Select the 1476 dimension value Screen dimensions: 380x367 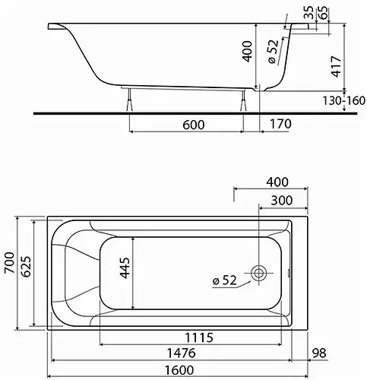(183, 353)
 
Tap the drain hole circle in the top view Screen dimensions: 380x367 (259, 273)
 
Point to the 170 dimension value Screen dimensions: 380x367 (282, 125)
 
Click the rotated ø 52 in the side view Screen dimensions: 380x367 (275, 52)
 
